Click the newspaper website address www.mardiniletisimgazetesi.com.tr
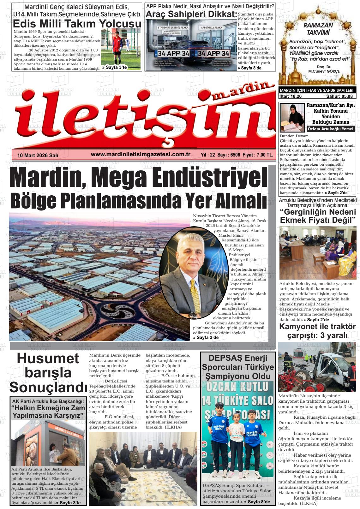pos(140,154)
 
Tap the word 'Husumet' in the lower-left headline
pos(48,358)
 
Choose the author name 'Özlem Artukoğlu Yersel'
pos(330,129)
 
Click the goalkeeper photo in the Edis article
pos(114,48)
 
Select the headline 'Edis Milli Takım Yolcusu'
pos(77,24)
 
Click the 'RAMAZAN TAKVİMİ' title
pos(318,29)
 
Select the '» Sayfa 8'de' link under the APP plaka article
pos(249,68)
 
